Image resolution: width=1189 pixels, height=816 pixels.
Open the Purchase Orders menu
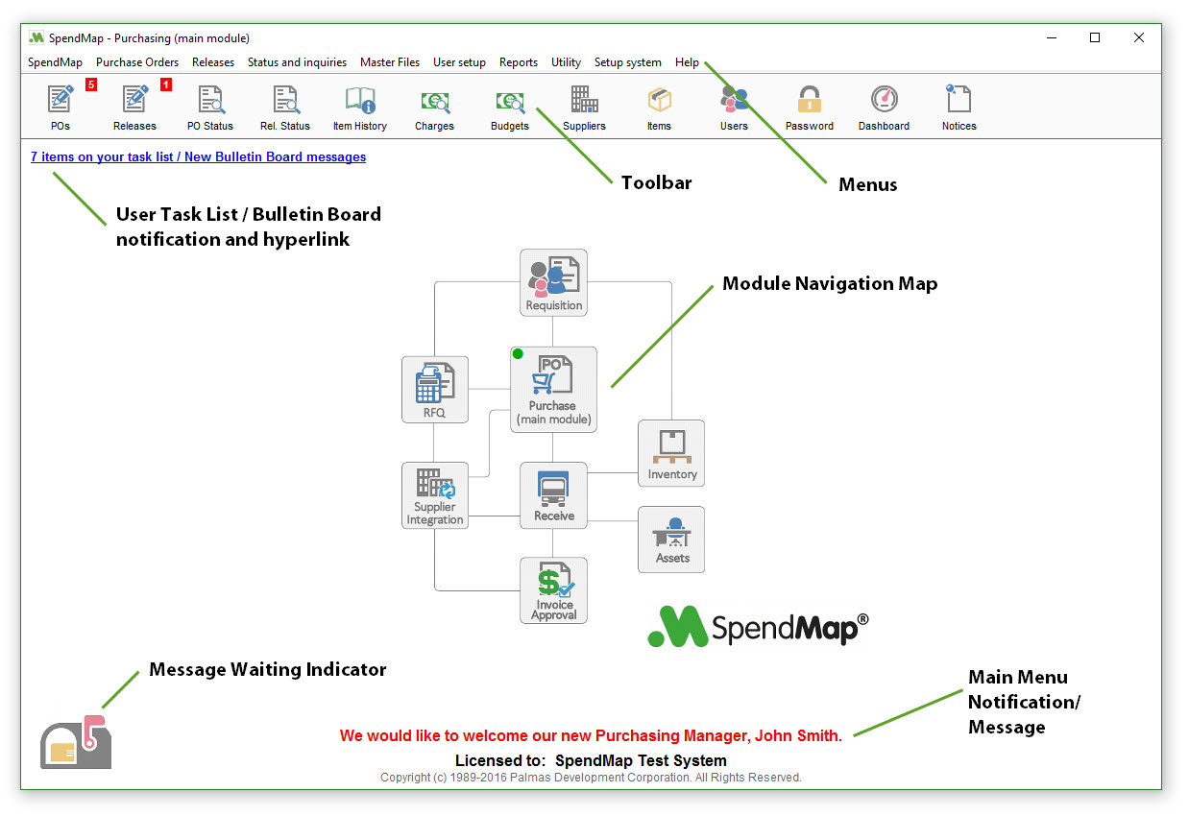point(137,62)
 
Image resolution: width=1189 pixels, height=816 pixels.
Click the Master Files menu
point(390,62)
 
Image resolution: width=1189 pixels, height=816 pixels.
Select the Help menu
point(687,62)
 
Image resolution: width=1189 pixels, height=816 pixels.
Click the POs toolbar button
point(61,107)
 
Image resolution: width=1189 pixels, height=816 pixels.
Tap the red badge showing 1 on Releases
point(166,84)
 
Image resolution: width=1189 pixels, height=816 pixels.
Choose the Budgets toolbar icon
point(510,107)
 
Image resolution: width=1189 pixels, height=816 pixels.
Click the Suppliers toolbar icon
point(584,107)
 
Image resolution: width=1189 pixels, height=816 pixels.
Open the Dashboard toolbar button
point(884,107)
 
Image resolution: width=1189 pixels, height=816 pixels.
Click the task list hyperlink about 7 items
point(198,156)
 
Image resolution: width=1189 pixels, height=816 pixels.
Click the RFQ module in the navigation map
point(435,389)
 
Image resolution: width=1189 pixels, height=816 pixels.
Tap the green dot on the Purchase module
point(518,354)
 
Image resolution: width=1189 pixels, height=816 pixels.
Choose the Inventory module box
point(671,453)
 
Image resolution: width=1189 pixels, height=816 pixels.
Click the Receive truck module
point(553,494)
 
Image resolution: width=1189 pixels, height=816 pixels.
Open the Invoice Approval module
point(553,589)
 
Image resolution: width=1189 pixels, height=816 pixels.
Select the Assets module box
point(671,540)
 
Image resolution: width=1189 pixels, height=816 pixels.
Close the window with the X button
point(1138,38)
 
